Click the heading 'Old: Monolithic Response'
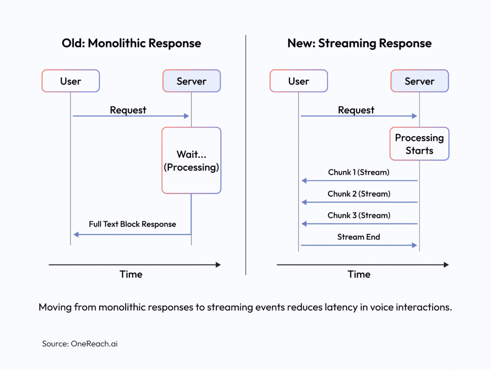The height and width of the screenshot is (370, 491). tap(131, 43)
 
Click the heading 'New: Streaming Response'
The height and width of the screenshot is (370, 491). tap(359, 43)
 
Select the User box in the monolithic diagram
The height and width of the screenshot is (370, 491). tap(70, 81)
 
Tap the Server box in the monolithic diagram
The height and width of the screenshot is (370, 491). tap(191, 81)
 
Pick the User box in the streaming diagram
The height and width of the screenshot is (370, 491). tap(298, 81)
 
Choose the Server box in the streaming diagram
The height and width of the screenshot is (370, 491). tap(419, 81)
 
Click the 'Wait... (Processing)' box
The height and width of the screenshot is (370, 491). tap(191, 160)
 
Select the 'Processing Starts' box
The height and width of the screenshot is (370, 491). tap(419, 144)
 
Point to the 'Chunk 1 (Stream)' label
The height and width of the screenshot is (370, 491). tap(359, 172)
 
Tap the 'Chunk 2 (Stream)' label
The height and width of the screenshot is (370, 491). tap(359, 194)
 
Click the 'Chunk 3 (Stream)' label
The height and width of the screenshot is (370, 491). tap(359, 215)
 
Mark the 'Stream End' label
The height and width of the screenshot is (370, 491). tap(359, 237)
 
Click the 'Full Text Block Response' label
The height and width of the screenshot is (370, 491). tap(132, 224)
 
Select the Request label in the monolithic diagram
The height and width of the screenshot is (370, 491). tap(128, 110)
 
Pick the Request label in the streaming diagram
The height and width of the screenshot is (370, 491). tap(356, 110)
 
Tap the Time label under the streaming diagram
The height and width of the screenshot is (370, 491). tap(359, 275)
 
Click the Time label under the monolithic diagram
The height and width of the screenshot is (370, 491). tap(131, 275)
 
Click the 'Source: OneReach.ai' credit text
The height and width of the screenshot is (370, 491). tap(80, 344)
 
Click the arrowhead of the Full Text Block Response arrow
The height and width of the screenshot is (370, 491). tap(76, 235)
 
